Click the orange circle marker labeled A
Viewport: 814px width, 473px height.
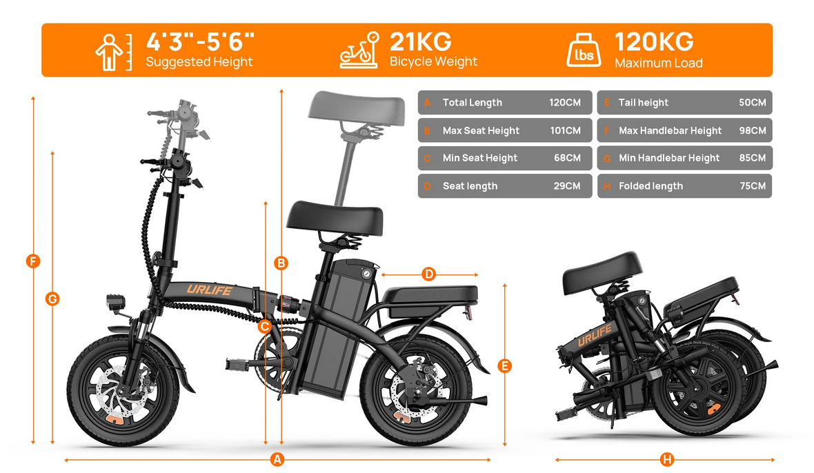pyautogui.click(x=277, y=459)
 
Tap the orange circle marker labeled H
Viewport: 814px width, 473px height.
pyautogui.click(x=667, y=459)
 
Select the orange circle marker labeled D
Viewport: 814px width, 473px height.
pyautogui.click(x=429, y=274)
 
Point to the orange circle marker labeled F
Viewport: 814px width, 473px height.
pyautogui.click(x=33, y=261)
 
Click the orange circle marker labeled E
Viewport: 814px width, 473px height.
pyautogui.click(x=504, y=366)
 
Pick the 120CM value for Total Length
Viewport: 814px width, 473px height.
pyautogui.click(x=565, y=103)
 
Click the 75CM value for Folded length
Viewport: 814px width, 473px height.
pyautogui.click(x=752, y=185)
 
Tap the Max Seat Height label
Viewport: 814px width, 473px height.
pyautogui.click(x=481, y=131)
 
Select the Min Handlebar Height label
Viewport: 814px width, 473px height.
pyautogui.click(x=668, y=158)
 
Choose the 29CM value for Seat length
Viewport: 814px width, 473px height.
pyautogui.click(x=567, y=185)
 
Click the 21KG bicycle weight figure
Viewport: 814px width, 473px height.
pyautogui.click(x=421, y=41)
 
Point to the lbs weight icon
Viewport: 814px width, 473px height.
pyautogui.click(x=584, y=51)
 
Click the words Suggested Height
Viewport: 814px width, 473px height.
pyautogui.click(x=199, y=62)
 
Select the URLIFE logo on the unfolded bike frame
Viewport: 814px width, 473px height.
pyautogui.click(x=210, y=290)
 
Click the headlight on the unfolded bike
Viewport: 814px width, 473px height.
pyautogui.click(x=116, y=303)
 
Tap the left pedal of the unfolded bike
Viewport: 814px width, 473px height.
pyautogui.click(x=238, y=365)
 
